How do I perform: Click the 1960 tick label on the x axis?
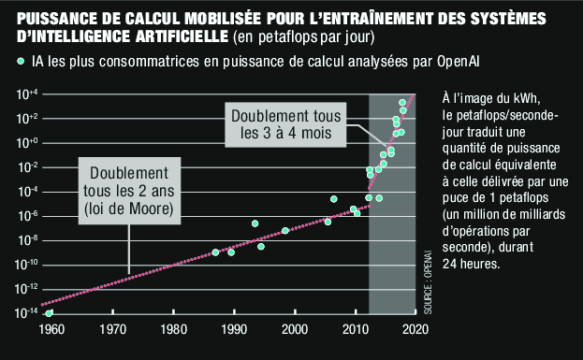point(51,329)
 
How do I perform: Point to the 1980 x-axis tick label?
point(173,329)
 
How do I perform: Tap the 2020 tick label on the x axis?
point(414,329)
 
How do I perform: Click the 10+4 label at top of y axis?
point(25,94)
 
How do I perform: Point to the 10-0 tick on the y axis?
point(25,143)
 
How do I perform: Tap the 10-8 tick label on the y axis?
point(25,240)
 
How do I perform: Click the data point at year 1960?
point(50,312)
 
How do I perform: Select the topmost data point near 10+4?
point(402,102)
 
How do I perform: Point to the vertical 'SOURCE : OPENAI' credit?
point(427,281)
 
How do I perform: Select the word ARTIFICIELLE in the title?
point(174,36)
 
